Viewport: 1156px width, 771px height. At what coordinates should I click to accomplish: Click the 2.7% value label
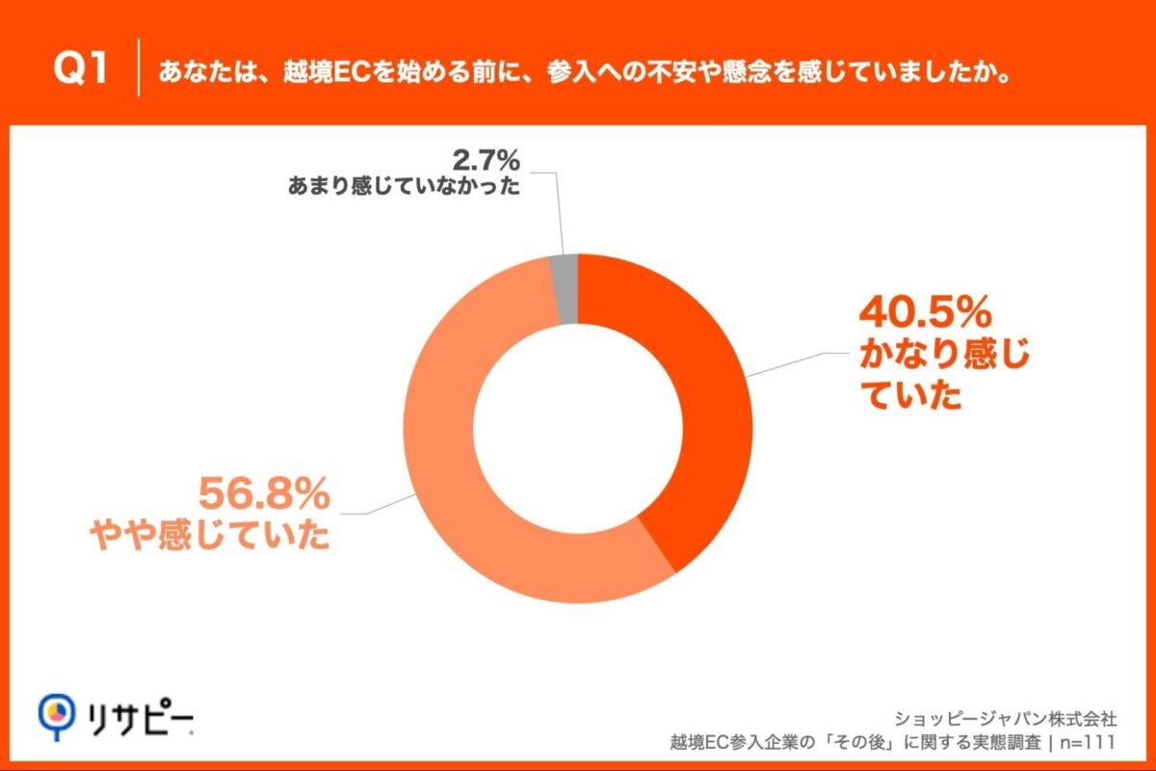(486, 156)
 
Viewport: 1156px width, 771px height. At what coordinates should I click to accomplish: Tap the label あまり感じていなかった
(404, 186)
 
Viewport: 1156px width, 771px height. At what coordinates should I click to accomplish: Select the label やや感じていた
(210, 537)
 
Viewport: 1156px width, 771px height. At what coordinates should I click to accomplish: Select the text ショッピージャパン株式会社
(1006, 718)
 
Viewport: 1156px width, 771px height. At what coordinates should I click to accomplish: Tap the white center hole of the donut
(578, 428)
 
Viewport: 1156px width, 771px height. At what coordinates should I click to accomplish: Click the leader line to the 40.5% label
(800, 364)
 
